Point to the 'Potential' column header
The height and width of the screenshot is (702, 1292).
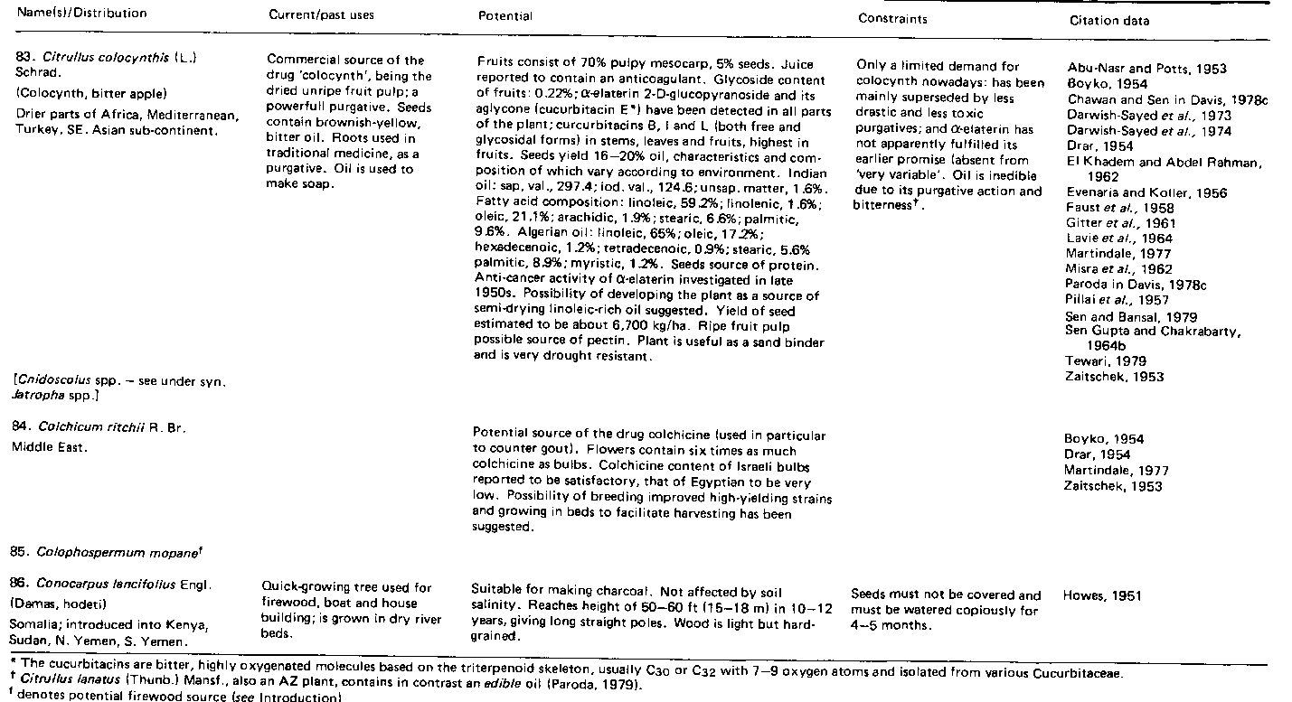point(505,16)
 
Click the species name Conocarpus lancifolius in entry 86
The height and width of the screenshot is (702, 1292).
point(113,584)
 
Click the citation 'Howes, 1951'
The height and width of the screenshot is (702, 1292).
point(1103,595)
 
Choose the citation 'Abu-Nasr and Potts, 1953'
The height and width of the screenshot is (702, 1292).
point(1134,69)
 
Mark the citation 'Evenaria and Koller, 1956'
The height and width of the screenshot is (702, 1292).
point(1136,192)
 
